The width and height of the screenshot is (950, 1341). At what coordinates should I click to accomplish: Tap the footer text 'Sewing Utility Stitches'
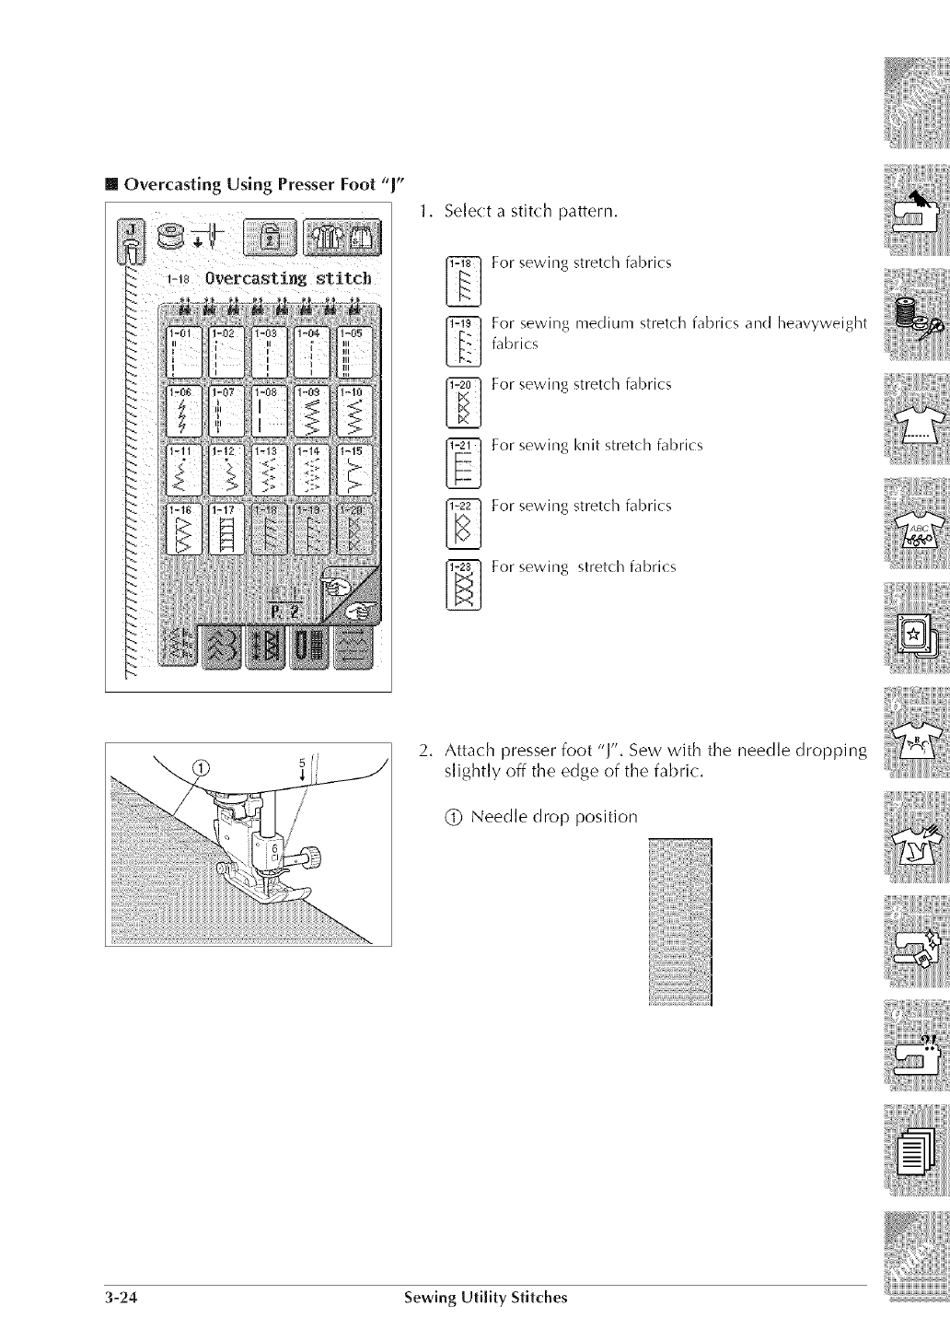(x=486, y=1298)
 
